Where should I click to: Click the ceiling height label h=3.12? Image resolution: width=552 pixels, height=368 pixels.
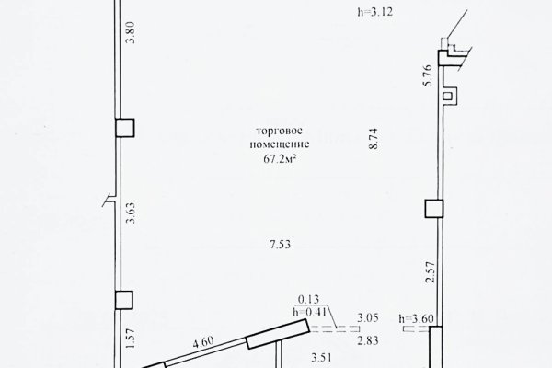tap(372, 13)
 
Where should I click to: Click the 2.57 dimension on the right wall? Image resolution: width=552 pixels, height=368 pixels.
tap(426, 273)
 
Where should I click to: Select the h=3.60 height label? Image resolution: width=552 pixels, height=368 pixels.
tap(417, 318)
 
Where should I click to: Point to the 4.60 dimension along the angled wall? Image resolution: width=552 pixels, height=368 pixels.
tap(204, 342)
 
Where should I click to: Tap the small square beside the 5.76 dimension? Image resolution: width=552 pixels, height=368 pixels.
tap(448, 94)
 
